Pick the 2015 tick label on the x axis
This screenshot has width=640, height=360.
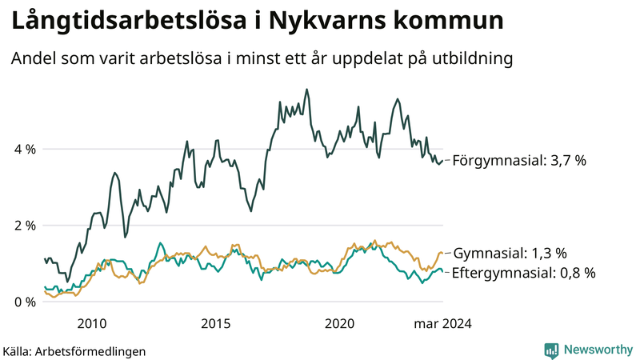pos(215,324)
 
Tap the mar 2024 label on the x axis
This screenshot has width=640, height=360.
pos(442,324)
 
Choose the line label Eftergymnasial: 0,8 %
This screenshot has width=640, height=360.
pos(524,273)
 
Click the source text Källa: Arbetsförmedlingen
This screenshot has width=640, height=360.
pos(74,350)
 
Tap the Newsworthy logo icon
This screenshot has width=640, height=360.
pos(551,350)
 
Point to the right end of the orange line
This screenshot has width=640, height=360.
pos(442,253)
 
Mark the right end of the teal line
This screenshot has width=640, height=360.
pos(442,272)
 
